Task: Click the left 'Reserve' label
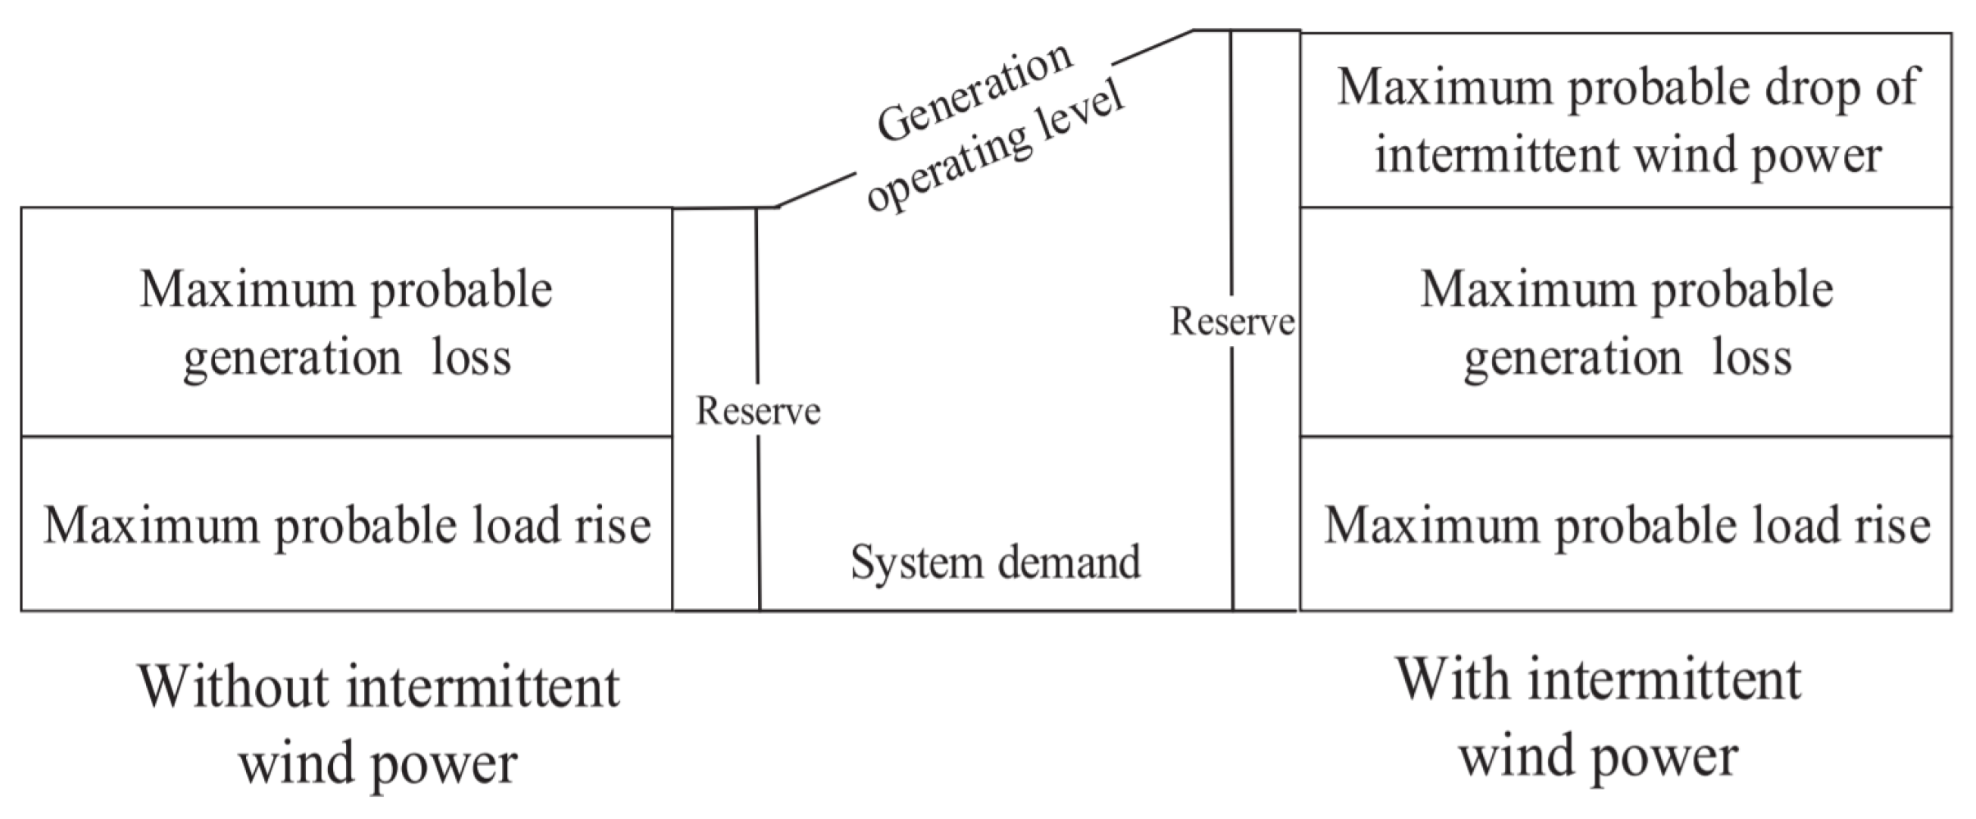click(x=758, y=411)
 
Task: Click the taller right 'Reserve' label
click(x=1232, y=321)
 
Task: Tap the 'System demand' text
click(x=995, y=562)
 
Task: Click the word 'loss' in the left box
click(x=472, y=357)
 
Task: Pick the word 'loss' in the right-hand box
click(x=1751, y=357)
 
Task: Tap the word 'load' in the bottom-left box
click(x=514, y=526)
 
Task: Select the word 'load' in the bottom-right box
click(x=1794, y=526)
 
